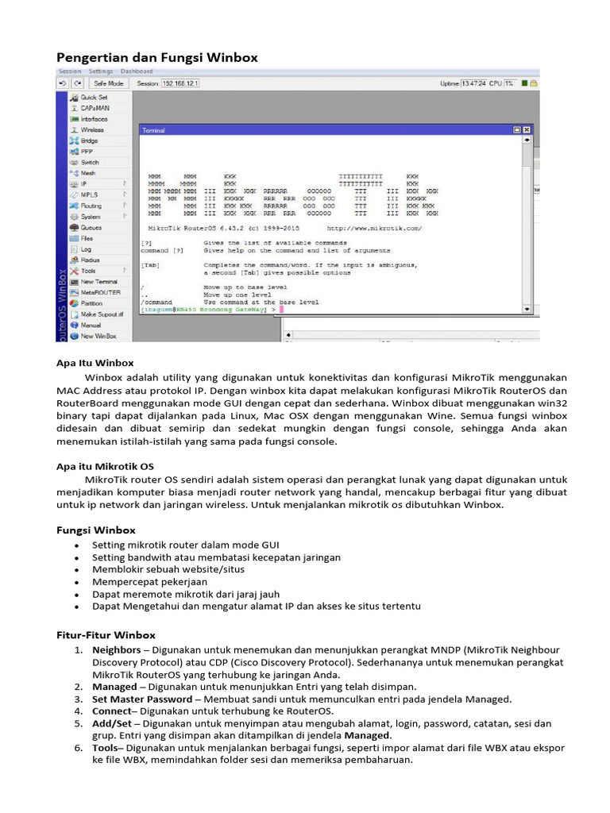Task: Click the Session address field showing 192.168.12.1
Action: (180, 83)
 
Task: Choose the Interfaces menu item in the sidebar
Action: (94, 119)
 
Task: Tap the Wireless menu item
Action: (92, 129)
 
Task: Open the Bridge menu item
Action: (89, 141)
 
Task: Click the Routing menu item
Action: (91, 206)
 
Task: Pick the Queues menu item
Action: (91, 227)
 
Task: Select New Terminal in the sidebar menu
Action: (98, 282)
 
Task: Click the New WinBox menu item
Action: (98, 336)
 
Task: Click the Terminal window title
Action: (153, 129)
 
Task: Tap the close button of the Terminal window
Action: (526, 129)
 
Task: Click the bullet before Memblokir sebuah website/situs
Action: (75, 569)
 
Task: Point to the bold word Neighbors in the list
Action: (116, 649)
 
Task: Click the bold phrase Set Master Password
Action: (142, 699)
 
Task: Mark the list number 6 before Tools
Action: (79, 748)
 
